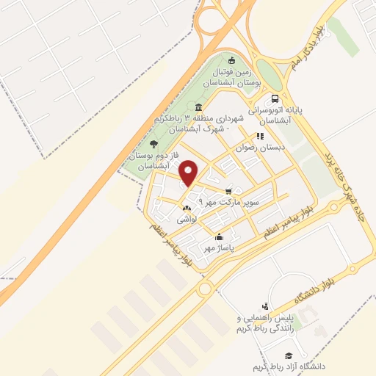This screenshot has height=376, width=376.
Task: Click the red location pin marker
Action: pyautogui.click(x=189, y=173)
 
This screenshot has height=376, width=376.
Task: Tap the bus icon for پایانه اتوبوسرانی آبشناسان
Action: pyautogui.click(x=275, y=99)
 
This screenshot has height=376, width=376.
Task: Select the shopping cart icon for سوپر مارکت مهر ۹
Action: pyautogui.click(x=231, y=189)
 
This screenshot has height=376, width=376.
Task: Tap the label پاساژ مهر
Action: pyautogui.click(x=220, y=248)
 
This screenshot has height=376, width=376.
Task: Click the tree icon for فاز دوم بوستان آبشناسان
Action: pyautogui.click(x=153, y=144)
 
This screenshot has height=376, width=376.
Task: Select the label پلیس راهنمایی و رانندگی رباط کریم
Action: pyautogui.click(x=264, y=324)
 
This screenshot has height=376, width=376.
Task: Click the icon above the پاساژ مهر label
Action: pyautogui.click(x=220, y=237)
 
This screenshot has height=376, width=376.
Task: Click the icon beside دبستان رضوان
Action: pyautogui.click(x=258, y=136)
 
